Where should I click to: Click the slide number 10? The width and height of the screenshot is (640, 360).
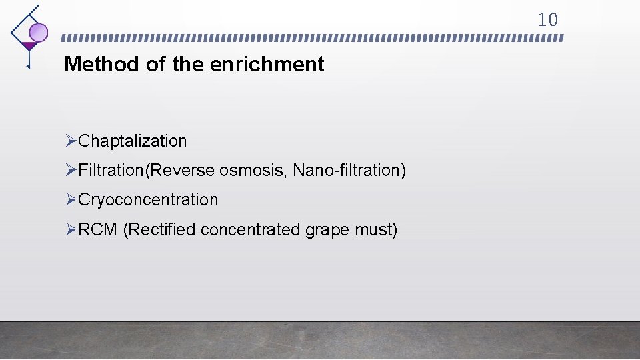coord(547,20)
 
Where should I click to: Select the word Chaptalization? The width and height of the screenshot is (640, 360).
coord(133,141)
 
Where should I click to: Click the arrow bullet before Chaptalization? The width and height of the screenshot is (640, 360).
coord(72,141)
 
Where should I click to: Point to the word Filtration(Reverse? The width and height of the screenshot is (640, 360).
coord(147,171)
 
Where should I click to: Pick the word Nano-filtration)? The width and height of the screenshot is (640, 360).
coord(349,171)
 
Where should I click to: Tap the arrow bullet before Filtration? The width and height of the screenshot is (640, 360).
coord(72,170)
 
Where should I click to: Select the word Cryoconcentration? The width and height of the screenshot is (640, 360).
coord(148,200)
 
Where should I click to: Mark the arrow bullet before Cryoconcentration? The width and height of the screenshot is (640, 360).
coord(72,199)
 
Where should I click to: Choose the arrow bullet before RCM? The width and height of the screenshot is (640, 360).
coord(72,229)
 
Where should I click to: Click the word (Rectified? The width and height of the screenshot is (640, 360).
coord(159,230)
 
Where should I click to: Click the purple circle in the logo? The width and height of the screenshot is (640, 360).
coord(39,32)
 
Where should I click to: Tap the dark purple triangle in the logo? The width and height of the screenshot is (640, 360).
coord(28,46)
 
